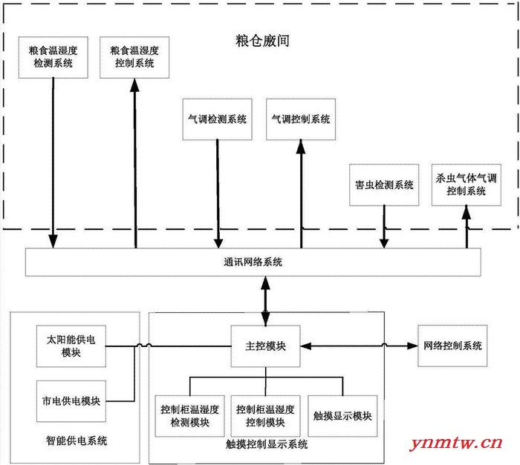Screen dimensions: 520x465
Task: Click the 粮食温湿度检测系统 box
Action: (x=53, y=57)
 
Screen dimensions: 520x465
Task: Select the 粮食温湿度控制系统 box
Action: (x=134, y=57)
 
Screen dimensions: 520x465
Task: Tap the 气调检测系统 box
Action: (x=217, y=119)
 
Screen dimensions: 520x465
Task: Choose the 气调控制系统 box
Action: (x=301, y=119)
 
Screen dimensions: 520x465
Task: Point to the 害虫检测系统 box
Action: (x=384, y=185)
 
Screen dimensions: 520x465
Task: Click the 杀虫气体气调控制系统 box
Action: (x=467, y=185)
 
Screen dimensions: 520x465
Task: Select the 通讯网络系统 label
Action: (x=253, y=262)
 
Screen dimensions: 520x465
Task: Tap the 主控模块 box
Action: (x=266, y=346)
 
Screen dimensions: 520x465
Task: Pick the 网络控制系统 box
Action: (x=452, y=346)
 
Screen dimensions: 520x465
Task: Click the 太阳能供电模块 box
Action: (x=71, y=346)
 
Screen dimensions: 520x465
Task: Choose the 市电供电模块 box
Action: (x=71, y=401)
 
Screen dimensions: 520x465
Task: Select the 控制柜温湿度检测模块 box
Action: (x=189, y=416)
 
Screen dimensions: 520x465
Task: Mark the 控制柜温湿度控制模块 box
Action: (x=266, y=416)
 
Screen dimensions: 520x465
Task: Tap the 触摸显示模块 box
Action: (x=342, y=416)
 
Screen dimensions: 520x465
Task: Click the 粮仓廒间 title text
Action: (x=263, y=41)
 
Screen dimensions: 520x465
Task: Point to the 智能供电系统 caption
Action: (x=77, y=441)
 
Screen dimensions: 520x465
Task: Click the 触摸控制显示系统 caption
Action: (x=267, y=444)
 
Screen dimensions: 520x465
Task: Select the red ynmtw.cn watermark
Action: (x=456, y=443)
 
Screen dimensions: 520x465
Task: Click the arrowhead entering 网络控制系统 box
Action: (x=412, y=346)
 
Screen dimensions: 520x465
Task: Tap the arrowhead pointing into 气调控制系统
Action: (x=301, y=146)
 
